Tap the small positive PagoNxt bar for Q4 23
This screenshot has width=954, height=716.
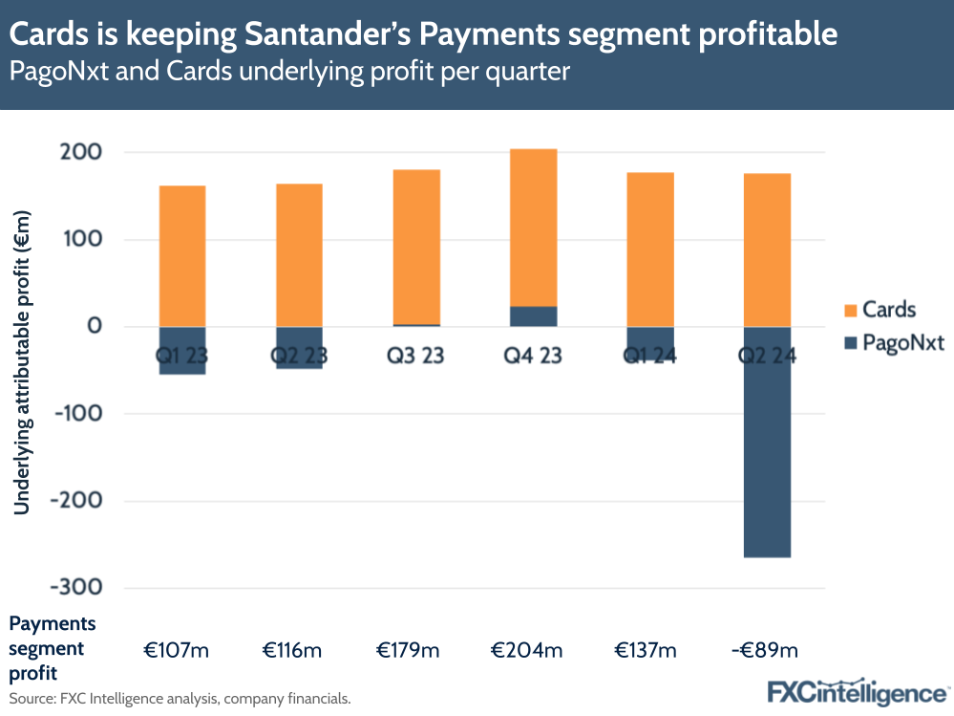534,316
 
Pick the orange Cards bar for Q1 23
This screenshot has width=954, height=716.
181,255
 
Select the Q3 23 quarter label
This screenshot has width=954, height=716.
416,356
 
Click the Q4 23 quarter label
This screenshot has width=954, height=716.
534,356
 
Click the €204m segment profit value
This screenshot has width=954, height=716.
527,651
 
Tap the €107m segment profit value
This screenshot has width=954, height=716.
176,651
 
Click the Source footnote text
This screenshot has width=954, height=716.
180,699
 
